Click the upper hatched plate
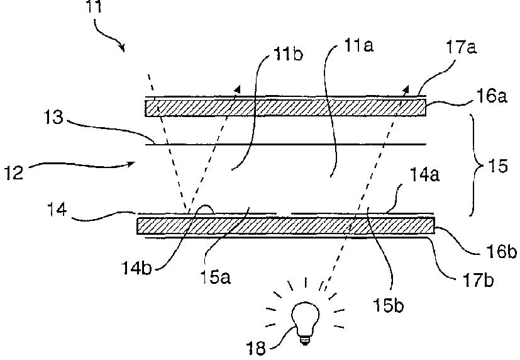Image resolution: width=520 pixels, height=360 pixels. pyautogui.click(x=285, y=108)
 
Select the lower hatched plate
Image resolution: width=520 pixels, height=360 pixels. pyautogui.click(x=285, y=225)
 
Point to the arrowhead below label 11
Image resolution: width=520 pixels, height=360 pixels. pyautogui.click(x=123, y=48)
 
